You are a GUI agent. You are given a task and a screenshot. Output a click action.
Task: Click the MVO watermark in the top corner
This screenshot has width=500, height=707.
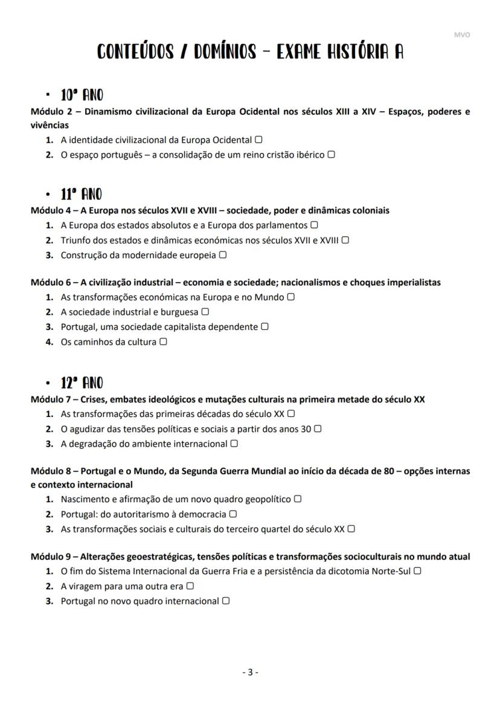click(461, 34)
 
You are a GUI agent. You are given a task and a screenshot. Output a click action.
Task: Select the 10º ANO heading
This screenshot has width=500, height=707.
click(82, 95)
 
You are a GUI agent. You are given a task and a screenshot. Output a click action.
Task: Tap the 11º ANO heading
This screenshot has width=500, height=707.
click(81, 195)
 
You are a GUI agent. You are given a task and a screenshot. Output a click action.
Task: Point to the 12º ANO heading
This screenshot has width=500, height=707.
click(82, 383)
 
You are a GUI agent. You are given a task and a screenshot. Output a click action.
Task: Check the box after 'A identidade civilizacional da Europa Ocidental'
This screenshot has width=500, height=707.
click(258, 140)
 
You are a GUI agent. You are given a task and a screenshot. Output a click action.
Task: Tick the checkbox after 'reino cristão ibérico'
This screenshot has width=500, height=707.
click(331, 155)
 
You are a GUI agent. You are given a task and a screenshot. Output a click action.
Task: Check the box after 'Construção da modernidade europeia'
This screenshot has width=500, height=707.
click(223, 255)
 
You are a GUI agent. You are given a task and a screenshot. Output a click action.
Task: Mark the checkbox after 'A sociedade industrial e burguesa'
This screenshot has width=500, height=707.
click(205, 312)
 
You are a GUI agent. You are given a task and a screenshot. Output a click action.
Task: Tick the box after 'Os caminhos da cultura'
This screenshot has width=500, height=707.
click(163, 341)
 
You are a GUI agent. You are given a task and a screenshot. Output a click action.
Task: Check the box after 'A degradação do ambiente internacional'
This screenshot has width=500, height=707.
click(234, 444)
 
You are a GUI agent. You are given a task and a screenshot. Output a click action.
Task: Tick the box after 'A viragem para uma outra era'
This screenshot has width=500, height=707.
click(190, 586)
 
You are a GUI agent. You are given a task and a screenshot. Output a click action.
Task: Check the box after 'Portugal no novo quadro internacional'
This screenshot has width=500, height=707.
click(226, 601)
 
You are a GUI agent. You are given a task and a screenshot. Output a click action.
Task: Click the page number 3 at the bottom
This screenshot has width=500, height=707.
click(250, 672)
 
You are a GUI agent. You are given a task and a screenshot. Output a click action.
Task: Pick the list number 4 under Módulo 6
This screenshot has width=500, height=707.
click(50, 342)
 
